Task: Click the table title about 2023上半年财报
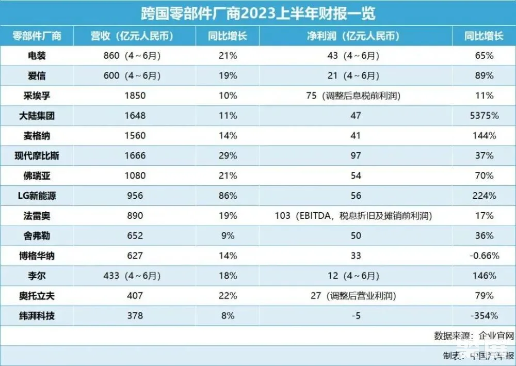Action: (x=258, y=12)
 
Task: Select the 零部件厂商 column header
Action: (x=37, y=36)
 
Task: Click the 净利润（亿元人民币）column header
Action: (x=356, y=36)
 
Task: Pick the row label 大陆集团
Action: (x=37, y=116)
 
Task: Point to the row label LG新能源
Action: (x=37, y=196)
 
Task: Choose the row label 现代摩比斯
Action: (x=37, y=155)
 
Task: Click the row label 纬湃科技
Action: (x=37, y=315)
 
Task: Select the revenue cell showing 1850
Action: (x=135, y=96)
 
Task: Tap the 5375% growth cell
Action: (x=483, y=116)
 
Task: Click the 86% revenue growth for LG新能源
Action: (x=227, y=196)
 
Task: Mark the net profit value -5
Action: (x=356, y=315)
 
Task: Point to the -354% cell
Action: (x=483, y=315)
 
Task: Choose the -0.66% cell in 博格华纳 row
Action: (x=483, y=256)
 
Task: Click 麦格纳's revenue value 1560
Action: (x=135, y=136)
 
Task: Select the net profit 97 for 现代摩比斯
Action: (x=356, y=155)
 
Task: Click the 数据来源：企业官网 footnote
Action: (x=474, y=336)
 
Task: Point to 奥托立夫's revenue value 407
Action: (x=135, y=296)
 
